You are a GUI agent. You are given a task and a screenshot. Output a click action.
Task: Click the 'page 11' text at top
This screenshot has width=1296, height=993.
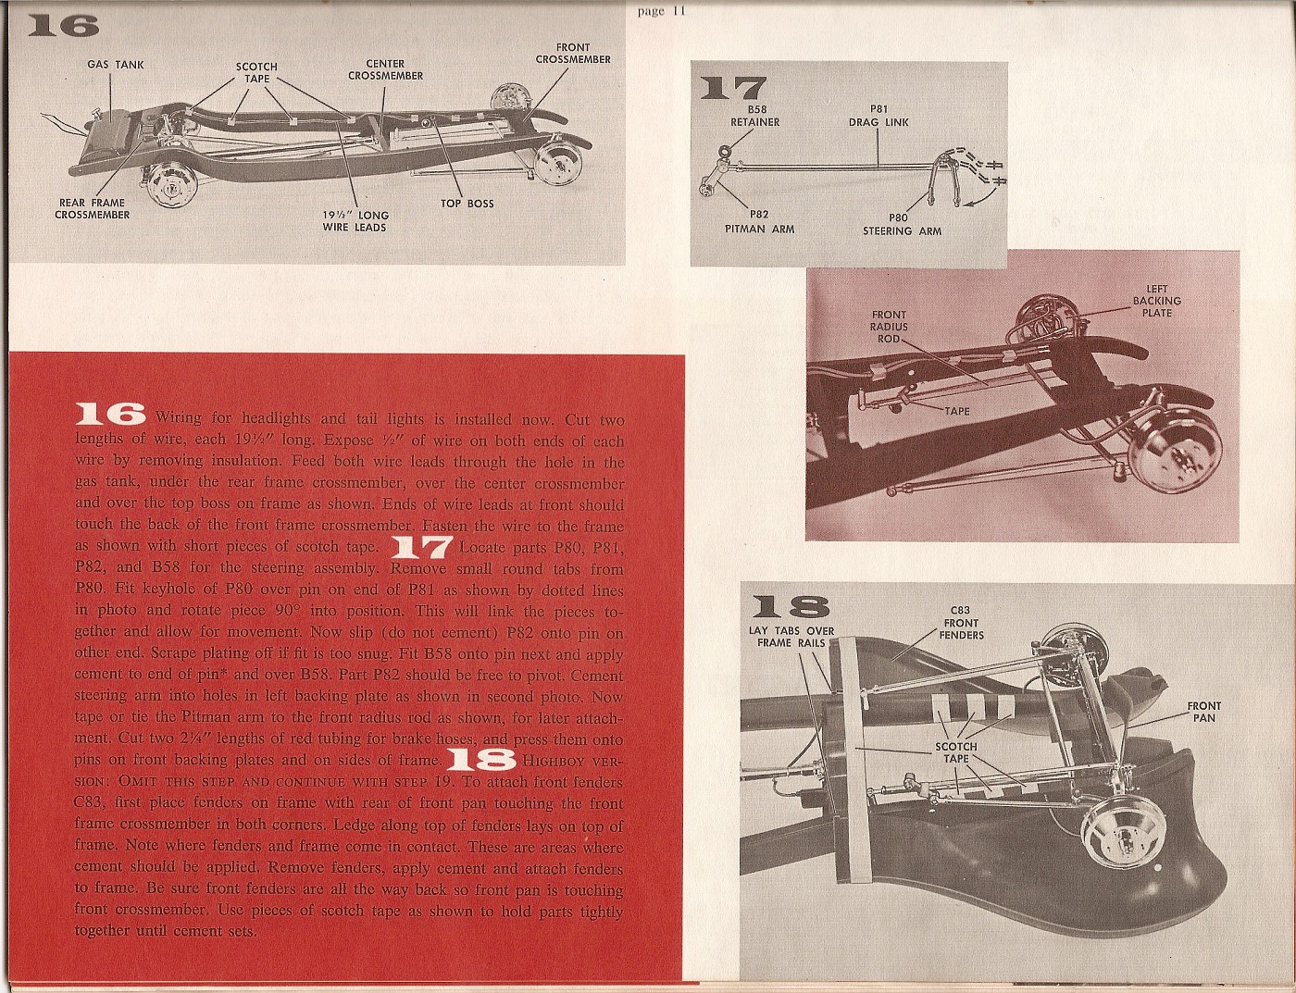click(x=661, y=11)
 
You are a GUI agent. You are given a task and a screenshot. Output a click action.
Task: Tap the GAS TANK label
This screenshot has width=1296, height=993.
click(x=116, y=65)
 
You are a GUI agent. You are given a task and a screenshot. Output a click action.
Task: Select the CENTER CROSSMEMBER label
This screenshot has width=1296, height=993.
click(x=385, y=70)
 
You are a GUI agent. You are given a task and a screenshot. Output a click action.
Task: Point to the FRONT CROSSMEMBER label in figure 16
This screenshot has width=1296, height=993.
click(x=573, y=54)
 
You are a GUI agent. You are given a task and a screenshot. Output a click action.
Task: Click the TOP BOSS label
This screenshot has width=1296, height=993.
click(x=467, y=204)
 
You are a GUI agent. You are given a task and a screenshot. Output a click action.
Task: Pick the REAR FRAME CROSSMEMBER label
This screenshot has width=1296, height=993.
click(x=92, y=209)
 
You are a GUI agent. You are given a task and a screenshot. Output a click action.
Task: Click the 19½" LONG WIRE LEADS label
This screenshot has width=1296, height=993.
click(x=355, y=221)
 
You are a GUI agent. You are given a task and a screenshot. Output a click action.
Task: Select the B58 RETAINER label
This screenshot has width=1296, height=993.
click(x=754, y=116)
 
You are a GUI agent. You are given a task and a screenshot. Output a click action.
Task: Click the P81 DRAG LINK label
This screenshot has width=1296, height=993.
click(x=879, y=116)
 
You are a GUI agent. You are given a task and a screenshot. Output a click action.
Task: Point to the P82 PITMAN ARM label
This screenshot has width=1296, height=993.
click(x=759, y=222)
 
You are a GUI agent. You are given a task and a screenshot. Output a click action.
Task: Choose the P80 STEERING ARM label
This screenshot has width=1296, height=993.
click(x=902, y=225)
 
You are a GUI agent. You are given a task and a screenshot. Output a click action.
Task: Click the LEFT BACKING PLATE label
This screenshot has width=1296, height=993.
click(x=1156, y=301)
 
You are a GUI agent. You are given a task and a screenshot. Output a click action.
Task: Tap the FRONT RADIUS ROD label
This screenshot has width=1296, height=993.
click(x=889, y=327)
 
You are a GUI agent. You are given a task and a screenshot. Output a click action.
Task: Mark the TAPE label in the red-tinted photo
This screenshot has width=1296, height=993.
click(x=957, y=410)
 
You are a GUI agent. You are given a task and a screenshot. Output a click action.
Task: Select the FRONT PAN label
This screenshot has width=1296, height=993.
click(x=1204, y=712)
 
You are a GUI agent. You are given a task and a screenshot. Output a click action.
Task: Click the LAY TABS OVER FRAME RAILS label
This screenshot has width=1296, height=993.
click(x=791, y=637)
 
